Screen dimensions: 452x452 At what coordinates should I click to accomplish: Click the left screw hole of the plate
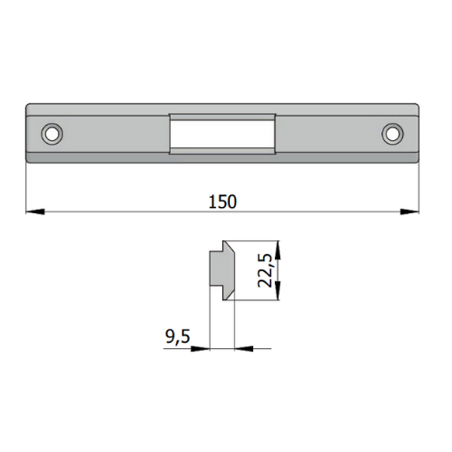pos(52,133)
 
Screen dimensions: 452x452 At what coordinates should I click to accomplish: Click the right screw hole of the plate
pos(392,133)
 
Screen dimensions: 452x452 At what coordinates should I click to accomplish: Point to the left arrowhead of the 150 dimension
pos(32,212)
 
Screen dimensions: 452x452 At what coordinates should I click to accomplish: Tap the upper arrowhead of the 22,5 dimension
pos(278,246)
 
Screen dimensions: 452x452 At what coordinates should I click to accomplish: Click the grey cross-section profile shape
pos(220,270)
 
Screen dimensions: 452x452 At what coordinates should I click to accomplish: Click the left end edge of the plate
pos(26,133)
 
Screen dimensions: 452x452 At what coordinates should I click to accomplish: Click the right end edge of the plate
pos(418,133)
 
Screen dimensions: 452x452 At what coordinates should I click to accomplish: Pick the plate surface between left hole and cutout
pos(113,133)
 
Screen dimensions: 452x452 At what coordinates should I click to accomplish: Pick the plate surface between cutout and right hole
pos(331,133)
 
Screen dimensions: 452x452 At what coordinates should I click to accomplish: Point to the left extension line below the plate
pos(26,188)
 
